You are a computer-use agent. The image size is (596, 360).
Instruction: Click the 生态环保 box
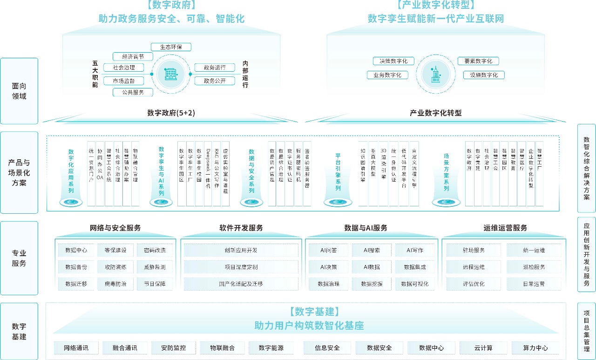pyautogui.click(x=171, y=47)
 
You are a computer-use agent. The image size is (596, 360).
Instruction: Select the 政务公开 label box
pyautogui.click(x=215, y=81)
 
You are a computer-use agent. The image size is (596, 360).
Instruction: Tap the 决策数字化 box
pyautogui.click(x=390, y=61)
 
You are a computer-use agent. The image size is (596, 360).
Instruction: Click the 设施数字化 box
pyautogui.click(x=484, y=75)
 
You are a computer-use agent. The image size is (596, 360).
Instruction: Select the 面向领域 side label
pyautogui.click(x=19, y=91)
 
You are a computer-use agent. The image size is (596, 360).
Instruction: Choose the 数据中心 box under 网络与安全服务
pyautogui.click(x=76, y=250)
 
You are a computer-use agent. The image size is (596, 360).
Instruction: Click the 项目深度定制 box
pyautogui.click(x=241, y=267)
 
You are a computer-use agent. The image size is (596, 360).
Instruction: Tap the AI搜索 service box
pyautogui.click(x=372, y=250)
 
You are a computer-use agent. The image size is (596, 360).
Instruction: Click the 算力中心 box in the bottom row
pyautogui.click(x=535, y=348)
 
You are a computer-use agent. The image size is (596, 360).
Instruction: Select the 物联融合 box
pyautogui.click(x=222, y=348)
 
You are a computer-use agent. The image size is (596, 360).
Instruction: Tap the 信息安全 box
pyautogui.click(x=327, y=348)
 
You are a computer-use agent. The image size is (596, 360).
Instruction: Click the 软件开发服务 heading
pyautogui.click(x=241, y=228)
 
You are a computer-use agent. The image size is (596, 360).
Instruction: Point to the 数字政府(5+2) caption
pyautogui.click(x=170, y=113)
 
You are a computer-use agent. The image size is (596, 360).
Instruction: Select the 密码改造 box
pyautogui.click(x=155, y=250)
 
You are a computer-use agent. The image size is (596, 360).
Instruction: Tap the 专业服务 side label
pyautogui.click(x=19, y=258)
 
